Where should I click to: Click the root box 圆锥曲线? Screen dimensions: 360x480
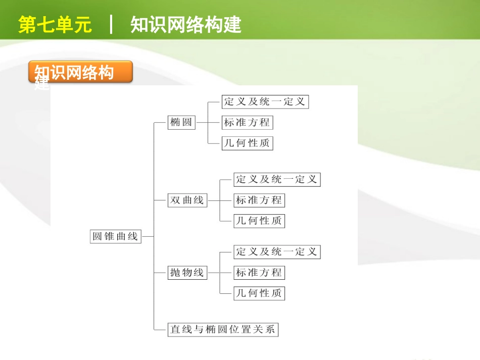pos(116,236)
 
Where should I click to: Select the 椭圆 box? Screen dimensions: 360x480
pos(182,122)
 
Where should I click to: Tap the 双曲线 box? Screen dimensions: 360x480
pos(187,200)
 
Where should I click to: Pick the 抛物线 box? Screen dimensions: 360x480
pos(187,273)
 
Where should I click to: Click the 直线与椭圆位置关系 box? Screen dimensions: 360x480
pos(223,330)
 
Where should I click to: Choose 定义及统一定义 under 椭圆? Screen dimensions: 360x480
pos(265,101)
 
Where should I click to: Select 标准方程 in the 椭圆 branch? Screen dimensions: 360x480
pos(247,122)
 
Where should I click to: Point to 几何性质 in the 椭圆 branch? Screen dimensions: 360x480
pos(247,143)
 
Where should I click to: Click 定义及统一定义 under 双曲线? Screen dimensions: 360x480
pos(277,179)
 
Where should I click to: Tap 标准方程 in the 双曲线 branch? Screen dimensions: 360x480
pos(259,200)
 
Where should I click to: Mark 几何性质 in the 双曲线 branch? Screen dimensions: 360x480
pos(259,221)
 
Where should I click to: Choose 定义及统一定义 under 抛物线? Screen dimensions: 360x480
pos(277,251)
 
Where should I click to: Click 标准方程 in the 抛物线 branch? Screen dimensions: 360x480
pos(259,273)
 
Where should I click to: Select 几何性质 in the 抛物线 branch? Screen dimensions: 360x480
pos(259,293)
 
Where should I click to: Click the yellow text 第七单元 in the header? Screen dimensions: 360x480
pos(55,25)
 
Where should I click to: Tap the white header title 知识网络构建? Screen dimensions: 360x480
pos(186,25)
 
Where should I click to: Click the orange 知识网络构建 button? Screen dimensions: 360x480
pos(80,72)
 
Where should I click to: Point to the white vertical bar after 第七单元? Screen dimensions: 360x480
pos(111,24)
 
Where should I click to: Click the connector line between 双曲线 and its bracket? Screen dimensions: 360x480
pos(214,200)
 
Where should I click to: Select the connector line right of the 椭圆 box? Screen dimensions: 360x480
pos(202,122)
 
